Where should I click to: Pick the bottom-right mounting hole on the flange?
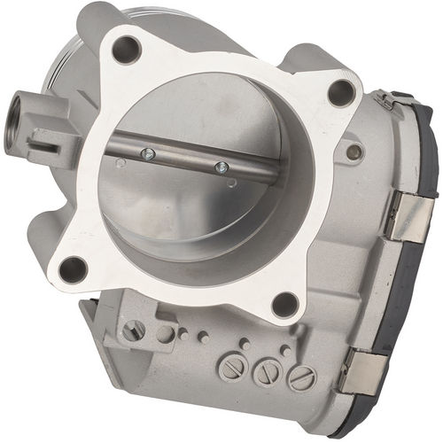(284, 305)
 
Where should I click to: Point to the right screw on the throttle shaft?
(221, 167)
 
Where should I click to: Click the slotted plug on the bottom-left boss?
(133, 330)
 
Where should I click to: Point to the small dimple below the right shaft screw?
(230, 183)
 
